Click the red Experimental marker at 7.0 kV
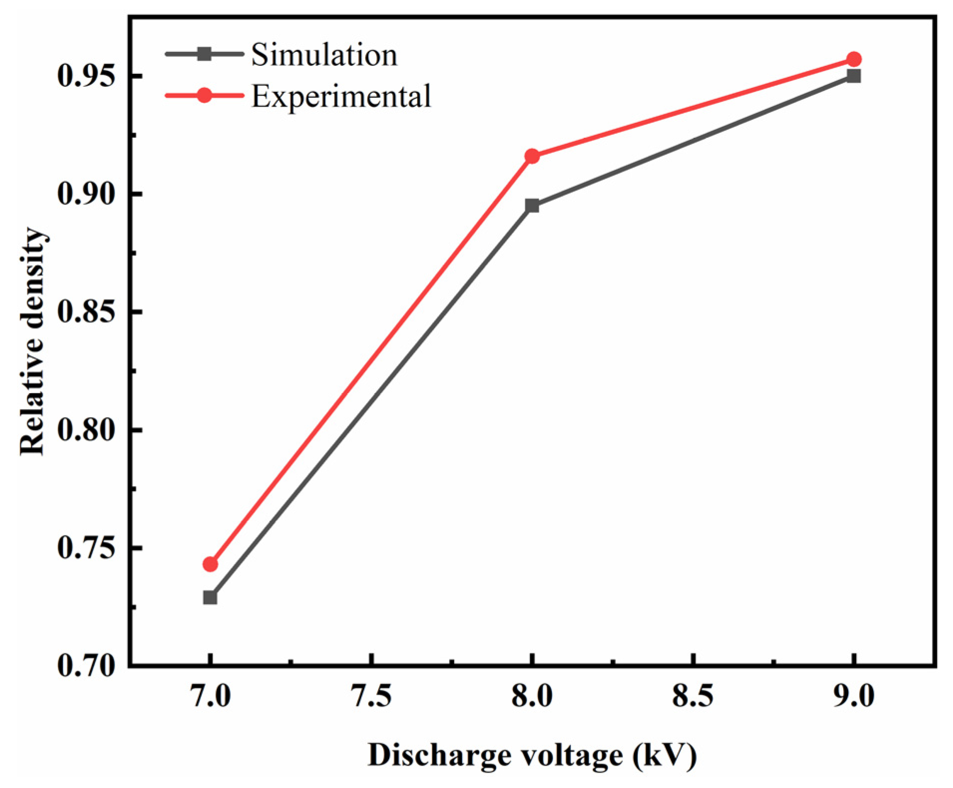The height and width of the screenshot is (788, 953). [210, 564]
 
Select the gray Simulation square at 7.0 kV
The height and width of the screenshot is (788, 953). [210, 597]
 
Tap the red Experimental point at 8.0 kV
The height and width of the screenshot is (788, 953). [532, 156]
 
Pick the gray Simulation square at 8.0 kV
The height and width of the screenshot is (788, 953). [532, 206]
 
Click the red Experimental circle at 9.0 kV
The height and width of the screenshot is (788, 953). [854, 59]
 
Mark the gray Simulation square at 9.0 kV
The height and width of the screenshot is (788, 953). [854, 76]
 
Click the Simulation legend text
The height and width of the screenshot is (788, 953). [324, 54]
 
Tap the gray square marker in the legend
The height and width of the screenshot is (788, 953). [204, 54]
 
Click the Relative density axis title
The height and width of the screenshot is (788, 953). [33, 342]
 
